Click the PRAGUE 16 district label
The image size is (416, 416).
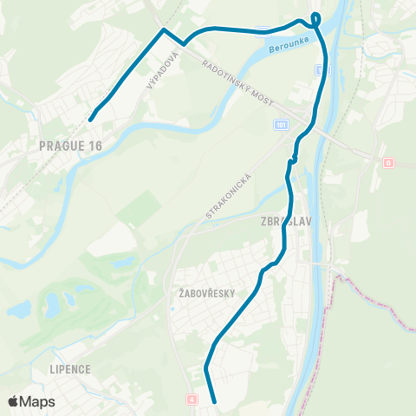coord(71,146)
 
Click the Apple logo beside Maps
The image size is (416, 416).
coord(14,401)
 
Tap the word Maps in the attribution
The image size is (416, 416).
coord(38,401)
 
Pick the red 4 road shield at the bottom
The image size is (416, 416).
coord(191,400)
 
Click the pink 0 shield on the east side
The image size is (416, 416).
coord(388,162)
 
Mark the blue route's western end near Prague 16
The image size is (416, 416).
coord(89,119)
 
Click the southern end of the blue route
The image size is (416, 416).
coord(213,402)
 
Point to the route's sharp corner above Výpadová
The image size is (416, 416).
coord(163,30)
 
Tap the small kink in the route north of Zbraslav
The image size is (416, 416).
coord(293,159)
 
